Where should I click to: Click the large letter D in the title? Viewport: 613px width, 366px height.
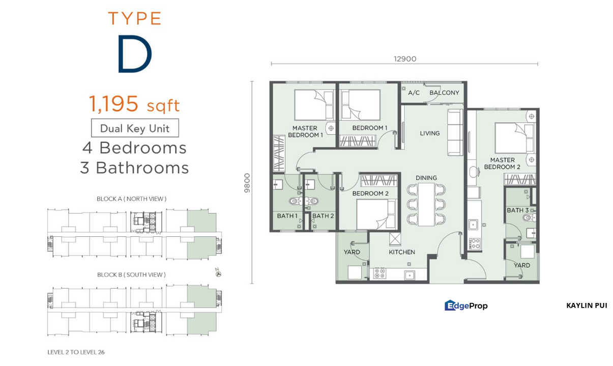pos(135,53)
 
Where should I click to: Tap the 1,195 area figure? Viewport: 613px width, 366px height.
pos(113,104)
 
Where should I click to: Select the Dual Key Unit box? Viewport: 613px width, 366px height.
pos(135,128)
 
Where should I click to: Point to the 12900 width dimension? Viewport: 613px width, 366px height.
pos(405,59)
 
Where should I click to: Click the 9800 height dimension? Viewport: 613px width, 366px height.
pos(247,182)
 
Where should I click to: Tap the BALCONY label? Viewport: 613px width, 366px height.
pos(444,93)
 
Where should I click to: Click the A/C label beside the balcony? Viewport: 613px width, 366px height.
pos(414,93)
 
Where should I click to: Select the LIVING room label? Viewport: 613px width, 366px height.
pos(430,133)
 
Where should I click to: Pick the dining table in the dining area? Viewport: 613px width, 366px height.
pos(426,204)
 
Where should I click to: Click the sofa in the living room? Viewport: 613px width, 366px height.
pos(455,132)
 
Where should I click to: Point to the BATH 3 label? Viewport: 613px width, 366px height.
pos(517,210)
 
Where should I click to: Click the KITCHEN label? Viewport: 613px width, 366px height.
pos(402,252)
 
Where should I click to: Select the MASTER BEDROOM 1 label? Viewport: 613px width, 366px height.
pos(305,132)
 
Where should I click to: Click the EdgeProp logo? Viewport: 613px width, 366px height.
pos(466,306)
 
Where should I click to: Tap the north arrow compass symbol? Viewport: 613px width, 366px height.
pos(218,273)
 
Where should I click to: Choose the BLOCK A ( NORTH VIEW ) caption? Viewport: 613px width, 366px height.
pos(131,199)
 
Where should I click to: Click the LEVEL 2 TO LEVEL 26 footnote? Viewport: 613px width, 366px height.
pos(76,352)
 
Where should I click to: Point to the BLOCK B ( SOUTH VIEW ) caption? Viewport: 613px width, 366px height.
pos(131,274)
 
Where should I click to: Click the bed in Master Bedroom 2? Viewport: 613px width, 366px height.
pos(514,138)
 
